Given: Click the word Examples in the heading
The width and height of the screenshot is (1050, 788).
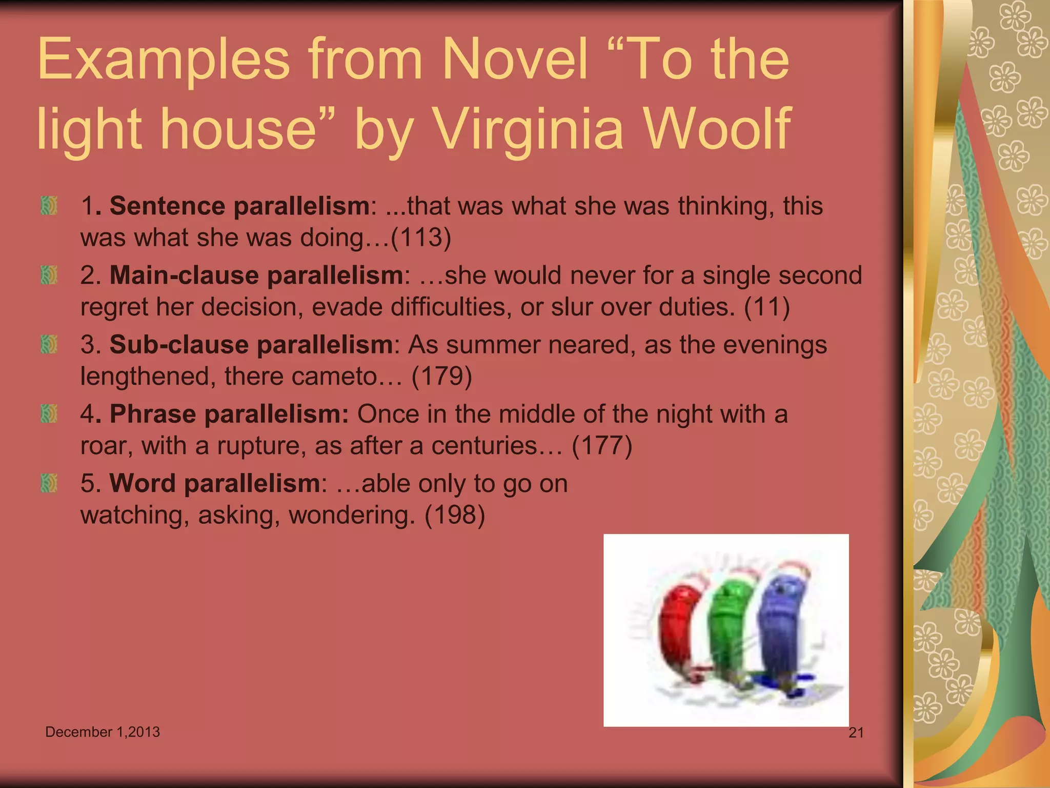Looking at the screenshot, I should click(x=164, y=61).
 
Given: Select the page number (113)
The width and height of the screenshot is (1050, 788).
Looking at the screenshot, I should click(x=421, y=238).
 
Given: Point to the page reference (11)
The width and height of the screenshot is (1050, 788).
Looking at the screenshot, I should click(x=766, y=307).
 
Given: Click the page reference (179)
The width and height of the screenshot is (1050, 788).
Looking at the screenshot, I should click(x=441, y=376).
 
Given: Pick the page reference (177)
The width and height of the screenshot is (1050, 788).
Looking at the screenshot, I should click(x=602, y=445).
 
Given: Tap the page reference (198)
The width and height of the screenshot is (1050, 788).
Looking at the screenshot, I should click(x=455, y=515).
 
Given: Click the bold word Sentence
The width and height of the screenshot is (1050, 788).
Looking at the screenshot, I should click(x=167, y=206).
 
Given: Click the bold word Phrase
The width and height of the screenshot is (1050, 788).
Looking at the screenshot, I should click(x=153, y=414).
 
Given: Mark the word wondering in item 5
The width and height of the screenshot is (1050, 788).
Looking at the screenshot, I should click(x=352, y=515).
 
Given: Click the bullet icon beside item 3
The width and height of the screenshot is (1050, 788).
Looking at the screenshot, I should click(x=49, y=344).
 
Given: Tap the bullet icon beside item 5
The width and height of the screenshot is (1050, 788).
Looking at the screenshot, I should click(x=49, y=483).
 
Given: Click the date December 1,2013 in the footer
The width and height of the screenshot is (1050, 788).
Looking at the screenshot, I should click(x=103, y=732).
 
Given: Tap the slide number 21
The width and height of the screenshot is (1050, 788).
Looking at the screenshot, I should click(x=856, y=733).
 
